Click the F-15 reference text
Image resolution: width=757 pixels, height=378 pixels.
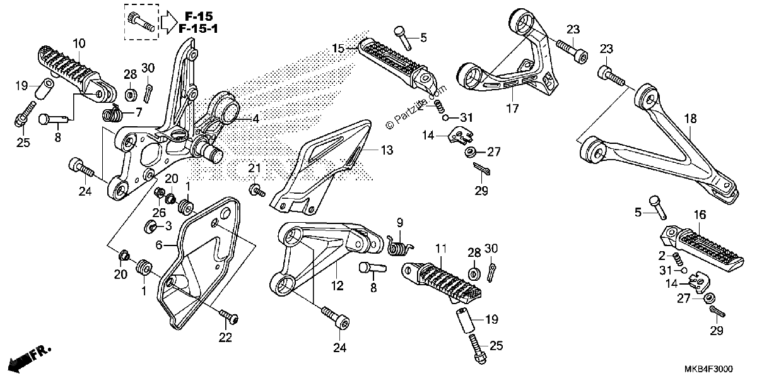(199, 16)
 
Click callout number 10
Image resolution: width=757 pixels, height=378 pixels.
(79, 44)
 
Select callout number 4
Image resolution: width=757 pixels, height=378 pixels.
(256, 119)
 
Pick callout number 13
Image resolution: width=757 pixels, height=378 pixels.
(387, 150)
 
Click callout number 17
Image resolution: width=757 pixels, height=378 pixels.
(512, 109)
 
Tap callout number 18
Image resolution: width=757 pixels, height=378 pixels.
(690, 119)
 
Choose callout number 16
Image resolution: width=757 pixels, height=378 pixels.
(700, 215)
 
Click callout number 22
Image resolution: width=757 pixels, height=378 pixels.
(225, 338)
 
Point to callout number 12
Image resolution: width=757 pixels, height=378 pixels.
(337, 286)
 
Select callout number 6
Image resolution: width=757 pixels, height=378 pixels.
(159, 244)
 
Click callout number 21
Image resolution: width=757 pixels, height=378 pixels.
(254, 168)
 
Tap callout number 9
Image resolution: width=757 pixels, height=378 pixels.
(400, 223)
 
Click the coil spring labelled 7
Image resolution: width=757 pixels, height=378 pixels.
(112, 113)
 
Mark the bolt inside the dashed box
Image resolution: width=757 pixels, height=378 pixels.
(141, 22)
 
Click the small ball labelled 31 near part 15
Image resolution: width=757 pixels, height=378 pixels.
(445, 117)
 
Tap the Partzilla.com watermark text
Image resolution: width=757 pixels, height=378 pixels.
(416, 107)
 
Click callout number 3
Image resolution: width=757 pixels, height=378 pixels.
(168, 226)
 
